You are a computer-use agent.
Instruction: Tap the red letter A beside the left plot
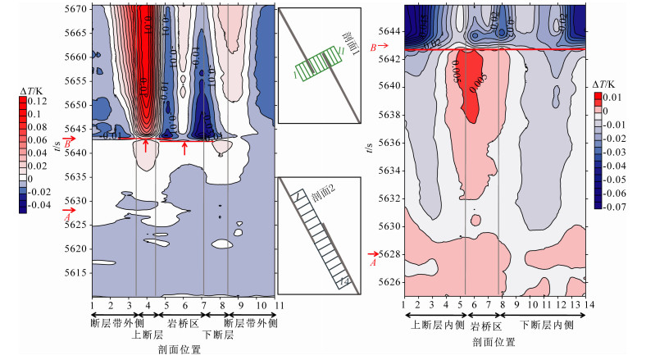tap(66, 216)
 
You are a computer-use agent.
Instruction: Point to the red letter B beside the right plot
tap(373, 48)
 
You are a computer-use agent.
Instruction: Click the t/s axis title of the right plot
tap(375, 149)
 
